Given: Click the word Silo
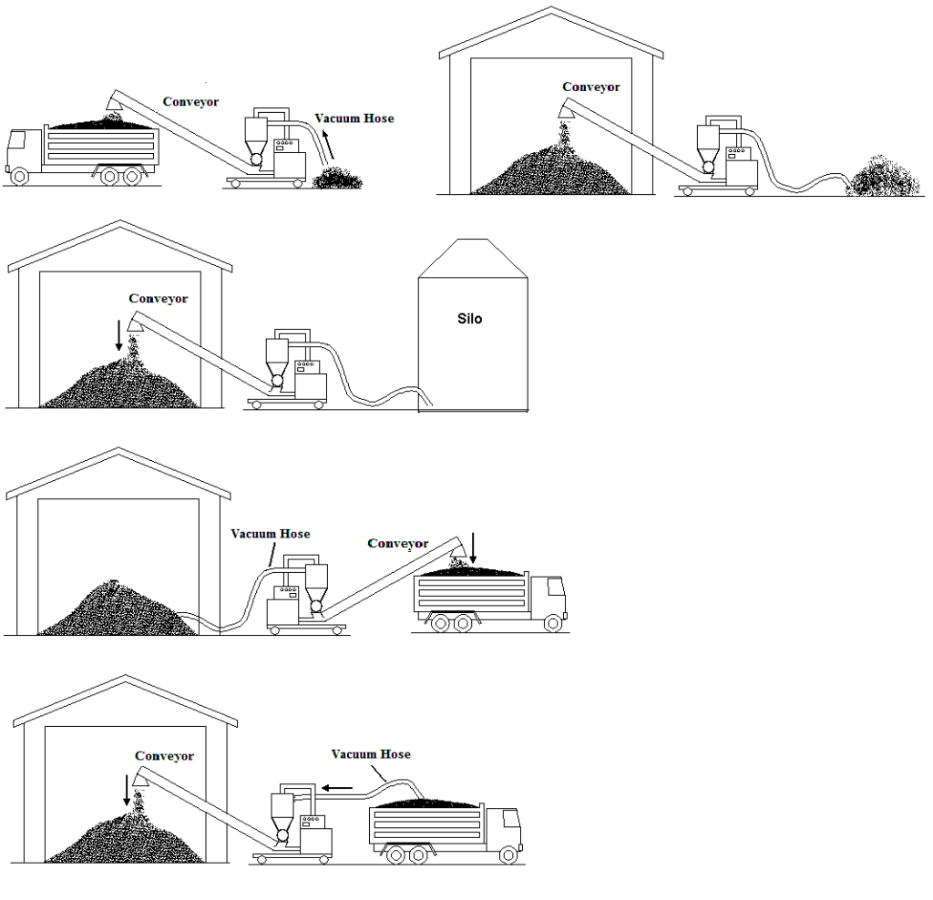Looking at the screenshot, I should coord(470,320).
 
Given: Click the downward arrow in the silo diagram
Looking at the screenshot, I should coord(118,334).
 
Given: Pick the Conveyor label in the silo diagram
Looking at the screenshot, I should coord(159,299).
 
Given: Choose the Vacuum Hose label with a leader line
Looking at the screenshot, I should coord(270,534).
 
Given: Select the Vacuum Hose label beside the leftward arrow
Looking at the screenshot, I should coord(370,754).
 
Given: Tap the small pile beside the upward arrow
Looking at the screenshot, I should coord(336,178).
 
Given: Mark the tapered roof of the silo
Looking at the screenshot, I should coord(472,257).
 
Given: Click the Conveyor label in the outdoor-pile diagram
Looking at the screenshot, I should coord(590,87).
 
